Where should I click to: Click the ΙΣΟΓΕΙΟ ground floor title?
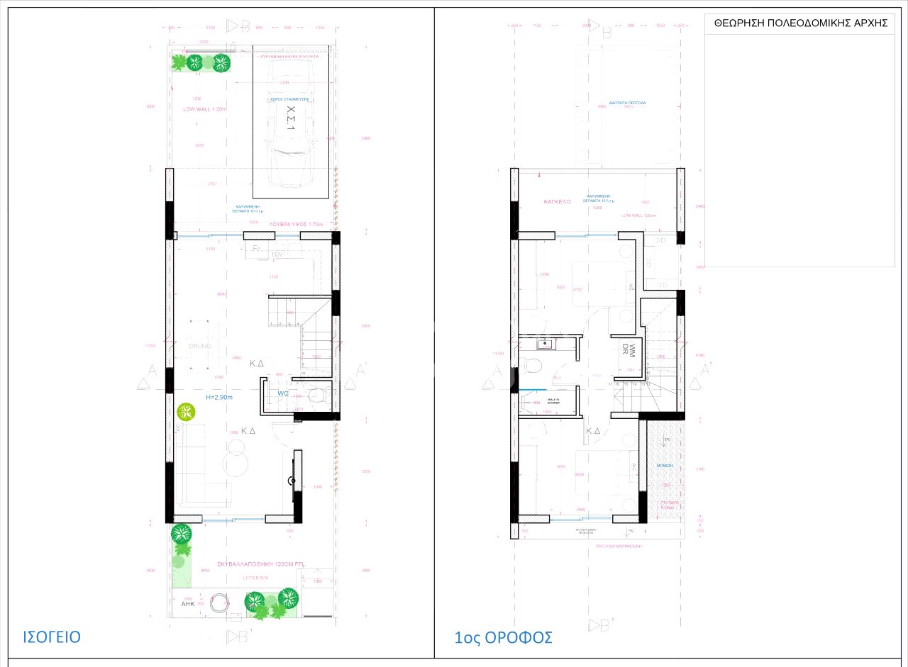(52, 636)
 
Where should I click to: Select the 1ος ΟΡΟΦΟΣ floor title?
(503, 637)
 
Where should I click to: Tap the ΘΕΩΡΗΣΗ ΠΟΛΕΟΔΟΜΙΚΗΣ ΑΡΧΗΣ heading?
(799, 23)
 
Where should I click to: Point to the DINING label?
(200, 346)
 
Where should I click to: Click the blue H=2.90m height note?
(218, 397)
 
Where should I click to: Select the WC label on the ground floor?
(283, 393)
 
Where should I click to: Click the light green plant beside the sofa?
(186, 411)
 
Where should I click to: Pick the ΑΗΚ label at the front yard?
(188, 604)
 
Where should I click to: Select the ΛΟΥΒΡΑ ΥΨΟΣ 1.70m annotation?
(296, 225)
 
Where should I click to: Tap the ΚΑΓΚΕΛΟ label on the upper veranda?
(557, 202)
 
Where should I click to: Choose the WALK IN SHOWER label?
(549, 401)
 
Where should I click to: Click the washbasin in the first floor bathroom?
(544, 344)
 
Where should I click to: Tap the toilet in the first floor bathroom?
(531, 366)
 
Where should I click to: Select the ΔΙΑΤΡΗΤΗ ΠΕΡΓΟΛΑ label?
(627, 103)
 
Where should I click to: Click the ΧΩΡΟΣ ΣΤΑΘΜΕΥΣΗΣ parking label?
(291, 100)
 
